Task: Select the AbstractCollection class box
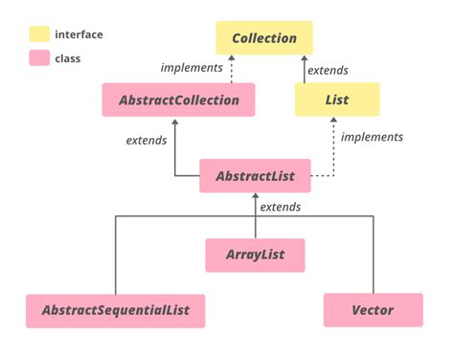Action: [178, 100]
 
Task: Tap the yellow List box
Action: [336, 100]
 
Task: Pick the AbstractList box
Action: [255, 176]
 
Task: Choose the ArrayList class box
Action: [255, 256]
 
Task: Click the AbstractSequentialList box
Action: [115, 311]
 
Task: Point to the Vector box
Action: [373, 311]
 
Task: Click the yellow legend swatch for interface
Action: [39, 35]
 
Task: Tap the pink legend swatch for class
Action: [39, 59]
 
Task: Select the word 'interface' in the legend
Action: [79, 35]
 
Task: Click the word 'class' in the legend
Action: [69, 59]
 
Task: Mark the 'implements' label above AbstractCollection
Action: [192, 68]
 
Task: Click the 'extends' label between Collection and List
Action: [328, 70]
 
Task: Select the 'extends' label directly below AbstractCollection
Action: [147, 141]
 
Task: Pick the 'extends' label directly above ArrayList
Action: [281, 207]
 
